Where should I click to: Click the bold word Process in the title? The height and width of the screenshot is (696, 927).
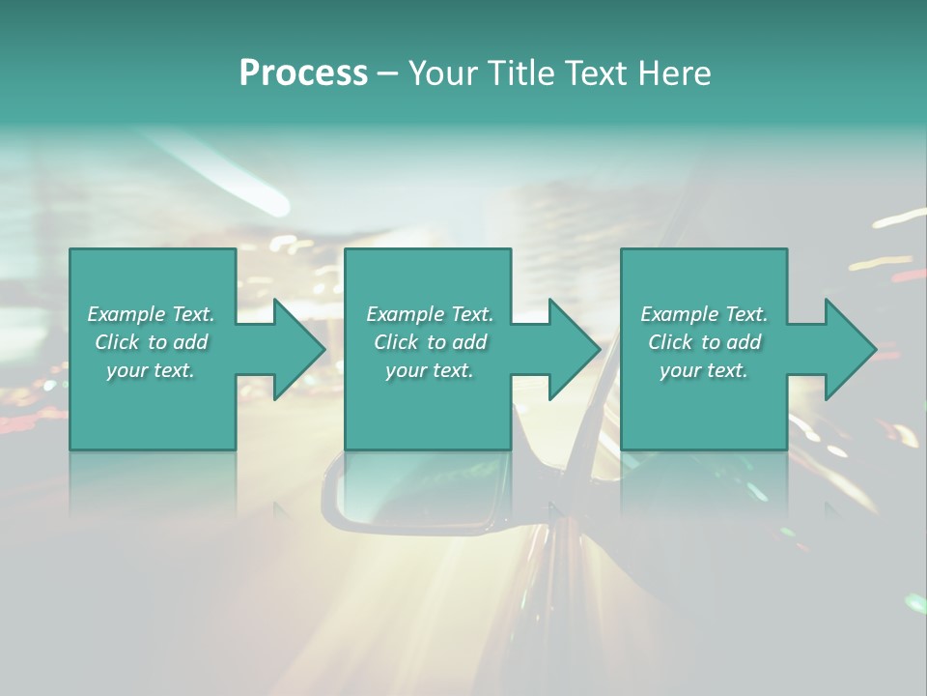pos(303,73)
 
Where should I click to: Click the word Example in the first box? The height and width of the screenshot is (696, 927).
pos(126,314)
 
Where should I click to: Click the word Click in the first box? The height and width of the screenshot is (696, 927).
pos(117,342)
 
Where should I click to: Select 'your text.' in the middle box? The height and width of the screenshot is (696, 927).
pos(429,370)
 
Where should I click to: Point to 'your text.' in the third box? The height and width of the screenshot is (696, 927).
pos(704,370)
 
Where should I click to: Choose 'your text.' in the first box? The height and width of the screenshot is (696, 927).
pos(151,370)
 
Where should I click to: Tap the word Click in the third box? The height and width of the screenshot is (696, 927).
pos(671,342)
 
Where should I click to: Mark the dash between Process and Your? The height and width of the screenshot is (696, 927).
pos(388,73)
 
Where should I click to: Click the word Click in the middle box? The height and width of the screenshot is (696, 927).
pos(396,342)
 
